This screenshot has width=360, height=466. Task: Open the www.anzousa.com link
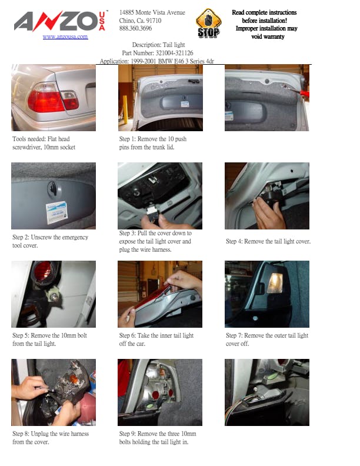(65, 37)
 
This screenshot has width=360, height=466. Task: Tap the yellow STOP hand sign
(208, 23)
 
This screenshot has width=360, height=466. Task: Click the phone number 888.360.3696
(135, 28)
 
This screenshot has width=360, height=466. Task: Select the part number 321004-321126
(174, 53)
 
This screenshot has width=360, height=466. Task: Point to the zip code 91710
(154, 21)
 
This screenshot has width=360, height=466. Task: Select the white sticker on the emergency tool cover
(56, 212)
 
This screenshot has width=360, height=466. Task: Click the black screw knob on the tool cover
(53, 188)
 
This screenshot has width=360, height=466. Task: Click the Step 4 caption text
(268, 241)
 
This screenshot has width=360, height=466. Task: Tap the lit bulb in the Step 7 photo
(275, 282)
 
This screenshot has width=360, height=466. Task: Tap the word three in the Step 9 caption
(172, 434)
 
